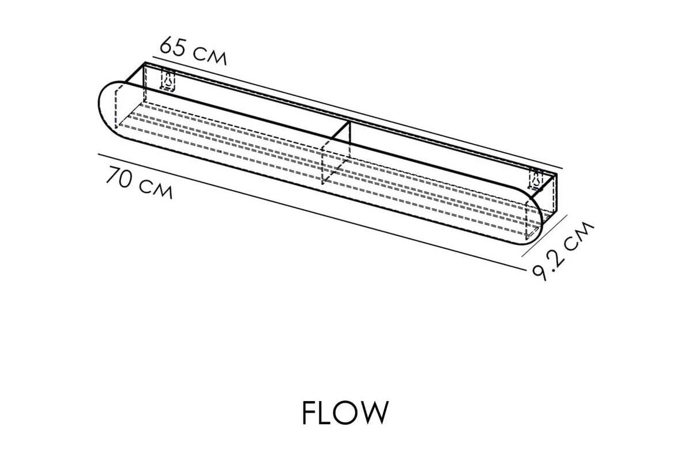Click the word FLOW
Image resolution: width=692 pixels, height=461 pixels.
[x=345, y=412]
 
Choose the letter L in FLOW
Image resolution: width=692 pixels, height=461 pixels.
[x=324, y=412]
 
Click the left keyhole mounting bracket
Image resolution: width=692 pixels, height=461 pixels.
[x=168, y=81]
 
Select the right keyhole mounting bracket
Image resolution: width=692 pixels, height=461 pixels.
[x=536, y=180]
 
